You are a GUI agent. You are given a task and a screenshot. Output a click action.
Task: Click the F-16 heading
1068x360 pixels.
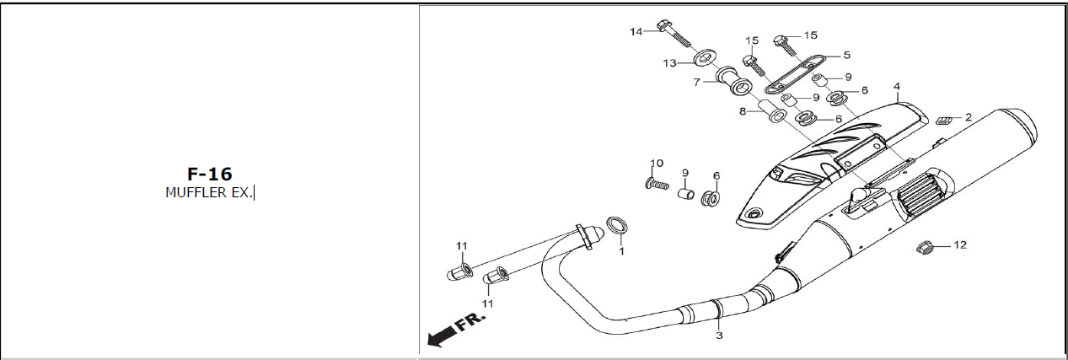(x=209, y=174)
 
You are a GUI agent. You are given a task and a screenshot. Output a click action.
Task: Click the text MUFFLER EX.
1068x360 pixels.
(x=208, y=192)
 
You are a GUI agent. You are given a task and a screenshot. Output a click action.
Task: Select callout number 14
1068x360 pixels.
(x=636, y=32)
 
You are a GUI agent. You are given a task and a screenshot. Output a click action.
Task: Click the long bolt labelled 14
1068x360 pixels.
(x=674, y=33)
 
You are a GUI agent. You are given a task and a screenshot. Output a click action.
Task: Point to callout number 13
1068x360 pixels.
(x=669, y=63)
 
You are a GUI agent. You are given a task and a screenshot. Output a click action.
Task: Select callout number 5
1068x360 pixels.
(x=847, y=55)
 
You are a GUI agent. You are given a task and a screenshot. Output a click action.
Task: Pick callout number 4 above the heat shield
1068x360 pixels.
(x=897, y=87)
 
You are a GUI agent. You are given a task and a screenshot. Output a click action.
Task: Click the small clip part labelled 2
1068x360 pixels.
(x=942, y=121)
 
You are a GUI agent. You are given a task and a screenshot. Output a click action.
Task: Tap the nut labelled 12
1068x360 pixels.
(x=925, y=248)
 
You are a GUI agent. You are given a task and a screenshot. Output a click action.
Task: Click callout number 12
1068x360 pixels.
(x=960, y=245)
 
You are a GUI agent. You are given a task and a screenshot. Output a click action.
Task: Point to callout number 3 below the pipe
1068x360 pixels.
(x=719, y=336)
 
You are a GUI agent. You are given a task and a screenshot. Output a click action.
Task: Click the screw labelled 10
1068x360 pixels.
(x=657, y=184)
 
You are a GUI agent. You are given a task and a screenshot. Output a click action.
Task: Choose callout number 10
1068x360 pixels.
(x=657, y=163)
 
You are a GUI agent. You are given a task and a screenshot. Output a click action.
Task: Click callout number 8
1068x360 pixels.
(x=743, y=111)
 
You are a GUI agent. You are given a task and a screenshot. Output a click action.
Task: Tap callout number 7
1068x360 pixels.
(x=696, y=83)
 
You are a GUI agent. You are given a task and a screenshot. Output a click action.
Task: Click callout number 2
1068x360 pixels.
(x=968, y=117)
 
